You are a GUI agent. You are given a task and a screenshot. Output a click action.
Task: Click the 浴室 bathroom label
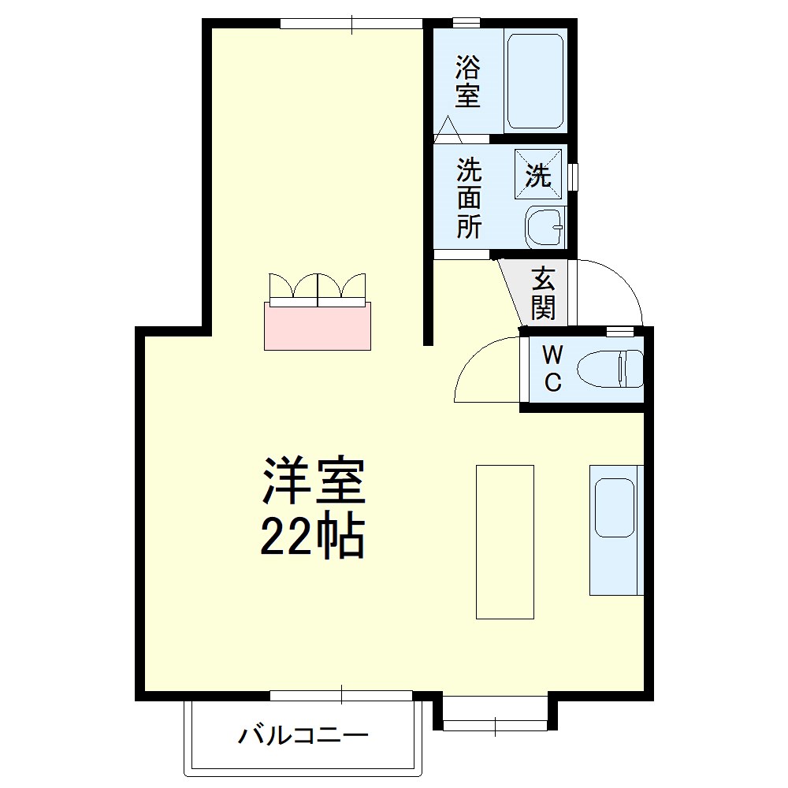tap(467, 81)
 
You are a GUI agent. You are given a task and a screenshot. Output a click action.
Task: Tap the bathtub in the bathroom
tap(536, 80)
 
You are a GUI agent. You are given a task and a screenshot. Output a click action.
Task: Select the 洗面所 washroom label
tap(470, 199)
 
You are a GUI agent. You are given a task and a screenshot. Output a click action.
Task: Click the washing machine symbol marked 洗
tap(538, 173)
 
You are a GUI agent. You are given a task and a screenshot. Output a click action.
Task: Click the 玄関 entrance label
tap(542, 292)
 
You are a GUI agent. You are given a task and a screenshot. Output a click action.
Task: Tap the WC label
tap(552, 369)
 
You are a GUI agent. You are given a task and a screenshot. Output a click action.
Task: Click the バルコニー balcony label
tap(304, 738)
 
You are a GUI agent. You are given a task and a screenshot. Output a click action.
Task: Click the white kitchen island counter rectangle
tap(505, 541)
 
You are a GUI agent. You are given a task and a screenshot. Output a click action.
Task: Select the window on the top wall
tap(351, 24)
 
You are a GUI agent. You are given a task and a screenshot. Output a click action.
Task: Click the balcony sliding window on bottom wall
tap(341, 695)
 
